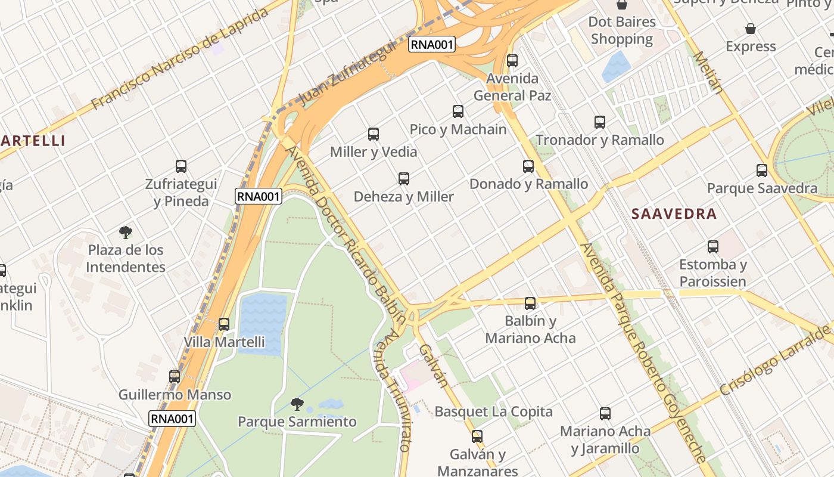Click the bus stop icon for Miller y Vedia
click(x=374, y=134)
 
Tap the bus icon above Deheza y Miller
click(x=404, y=179)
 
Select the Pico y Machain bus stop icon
click(x=458, y=111)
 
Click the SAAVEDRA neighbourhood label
click(x=674, y=214)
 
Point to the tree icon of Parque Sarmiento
click(x=297, y=405)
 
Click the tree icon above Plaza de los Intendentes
click(x=125, y=233)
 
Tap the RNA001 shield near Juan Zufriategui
click(x=432, y=44)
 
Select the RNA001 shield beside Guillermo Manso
click(x=172, y=419)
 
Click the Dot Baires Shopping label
click(x=622, y=30)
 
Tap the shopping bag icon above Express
click(x=751, y=29)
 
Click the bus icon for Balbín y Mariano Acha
click(x=530, y=303)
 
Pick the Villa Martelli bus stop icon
click(x=224, y=324)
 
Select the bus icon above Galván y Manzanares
click(x=477, y=436)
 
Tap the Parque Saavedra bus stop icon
click(x=762, y=171)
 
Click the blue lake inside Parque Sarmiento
click(x=263, y=322)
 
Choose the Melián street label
click(x=708, y=73)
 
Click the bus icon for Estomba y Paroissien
click(x=713, y=247)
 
